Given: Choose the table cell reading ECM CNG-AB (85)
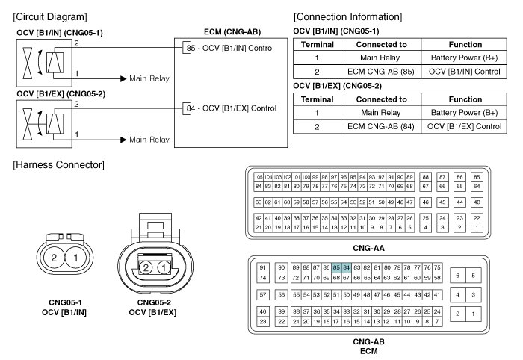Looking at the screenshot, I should click(x=382, y=71).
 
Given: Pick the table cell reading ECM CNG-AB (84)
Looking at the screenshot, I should click(x=382, y=126).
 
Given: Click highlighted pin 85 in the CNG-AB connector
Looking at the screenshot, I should click(x=338, y=268).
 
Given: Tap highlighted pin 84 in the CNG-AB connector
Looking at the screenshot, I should click(x=347, y=268).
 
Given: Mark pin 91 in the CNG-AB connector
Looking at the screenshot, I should click(x=263, y=268).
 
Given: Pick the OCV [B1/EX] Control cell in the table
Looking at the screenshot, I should click(x=466, y=126).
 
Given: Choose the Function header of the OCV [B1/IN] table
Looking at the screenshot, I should click(x=466, y=44).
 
